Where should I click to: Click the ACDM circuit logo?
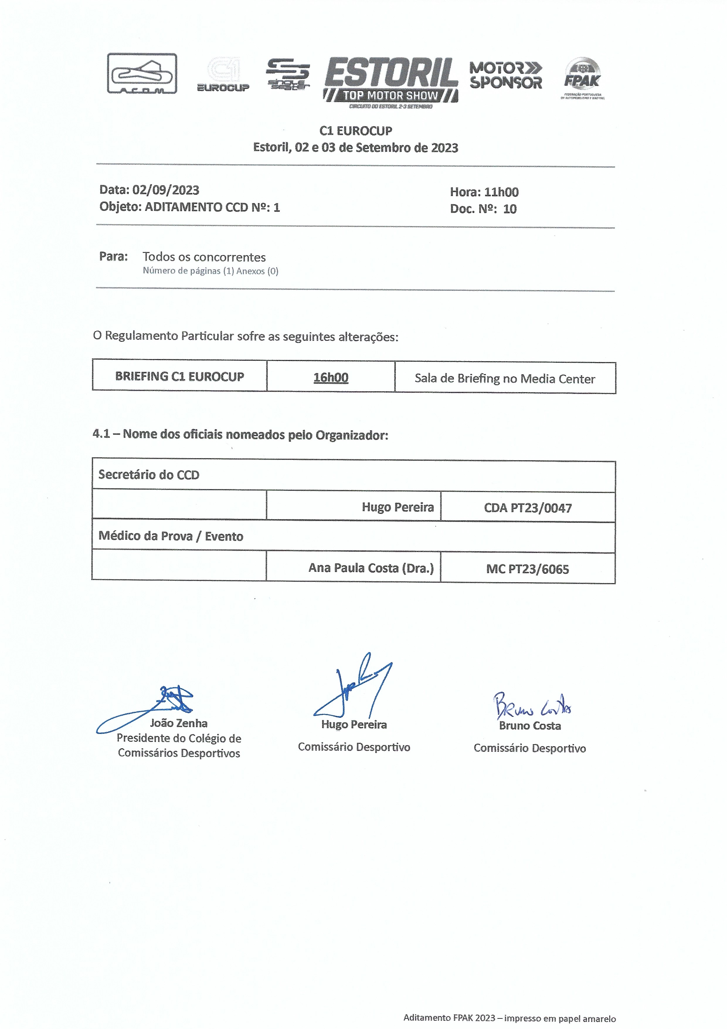142,74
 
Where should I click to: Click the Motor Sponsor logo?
506,75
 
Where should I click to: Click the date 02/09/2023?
166,190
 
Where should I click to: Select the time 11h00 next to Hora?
501,192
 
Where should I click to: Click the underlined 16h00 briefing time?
331,377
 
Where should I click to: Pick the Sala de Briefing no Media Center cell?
505,379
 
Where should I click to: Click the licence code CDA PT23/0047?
528,508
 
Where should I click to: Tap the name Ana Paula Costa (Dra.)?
371,568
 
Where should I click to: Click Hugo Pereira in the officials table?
398,507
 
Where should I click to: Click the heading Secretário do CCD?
149,475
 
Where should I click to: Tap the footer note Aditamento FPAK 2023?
509,1018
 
